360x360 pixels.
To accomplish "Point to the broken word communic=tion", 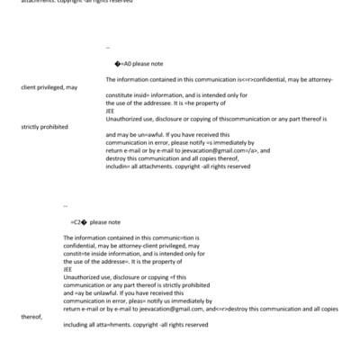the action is pos(157,237).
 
